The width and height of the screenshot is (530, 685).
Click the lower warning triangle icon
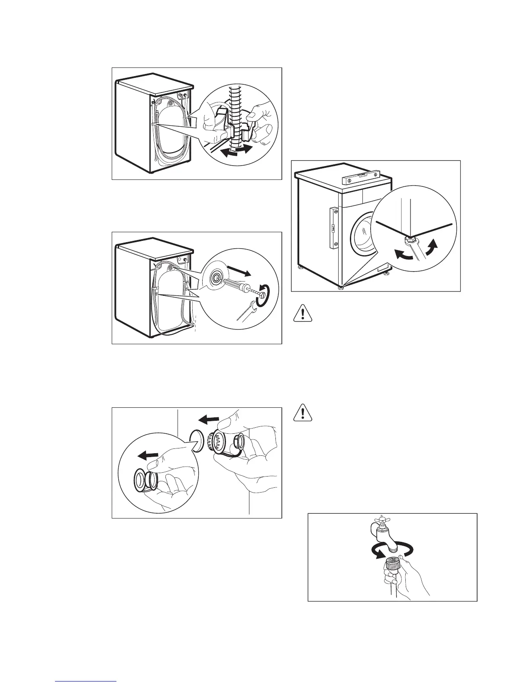[x=302, y=413]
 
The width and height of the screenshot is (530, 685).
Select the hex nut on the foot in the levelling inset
[x=410, y=240]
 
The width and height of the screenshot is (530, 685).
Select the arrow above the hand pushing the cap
[x=207, y=419]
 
